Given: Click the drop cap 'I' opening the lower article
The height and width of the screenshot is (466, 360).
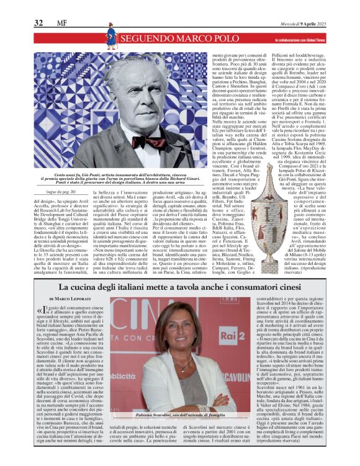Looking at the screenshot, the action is tap(45, 311).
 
